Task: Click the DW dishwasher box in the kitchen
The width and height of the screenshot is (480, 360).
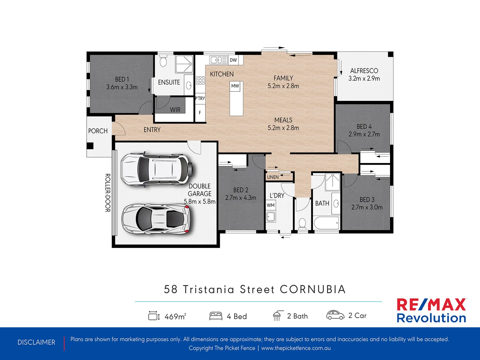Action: click(x=233, y=60)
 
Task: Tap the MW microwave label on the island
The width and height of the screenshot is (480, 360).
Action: click(x=235, y=86)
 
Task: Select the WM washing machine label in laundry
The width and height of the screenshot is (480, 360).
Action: click(x=271, y=205)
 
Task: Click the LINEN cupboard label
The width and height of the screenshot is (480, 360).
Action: click(x=273, y=177)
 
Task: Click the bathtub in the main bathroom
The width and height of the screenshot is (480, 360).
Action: click(x=326, y=223)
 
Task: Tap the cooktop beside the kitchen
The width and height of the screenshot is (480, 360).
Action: click(x=200, y=80)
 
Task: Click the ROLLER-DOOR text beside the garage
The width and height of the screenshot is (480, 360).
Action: click(x=108, y=193)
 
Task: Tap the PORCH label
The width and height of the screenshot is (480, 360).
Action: click(x=98, y=131)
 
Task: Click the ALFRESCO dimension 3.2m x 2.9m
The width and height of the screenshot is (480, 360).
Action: click(x=364, y=79)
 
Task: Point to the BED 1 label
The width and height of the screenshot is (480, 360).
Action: click(x=122, y=79)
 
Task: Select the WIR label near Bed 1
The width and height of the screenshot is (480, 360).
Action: click(x=175, y=110)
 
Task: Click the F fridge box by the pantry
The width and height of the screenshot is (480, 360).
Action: click(x=200, y=113)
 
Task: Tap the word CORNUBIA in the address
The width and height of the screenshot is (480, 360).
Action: click(x=313, y=289)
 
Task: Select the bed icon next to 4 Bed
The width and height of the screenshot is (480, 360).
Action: click(x=216, y=316)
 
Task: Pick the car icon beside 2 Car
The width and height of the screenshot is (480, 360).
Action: click(x=335, y=315)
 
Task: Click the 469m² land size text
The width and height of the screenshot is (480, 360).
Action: click(x=175, y=316)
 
